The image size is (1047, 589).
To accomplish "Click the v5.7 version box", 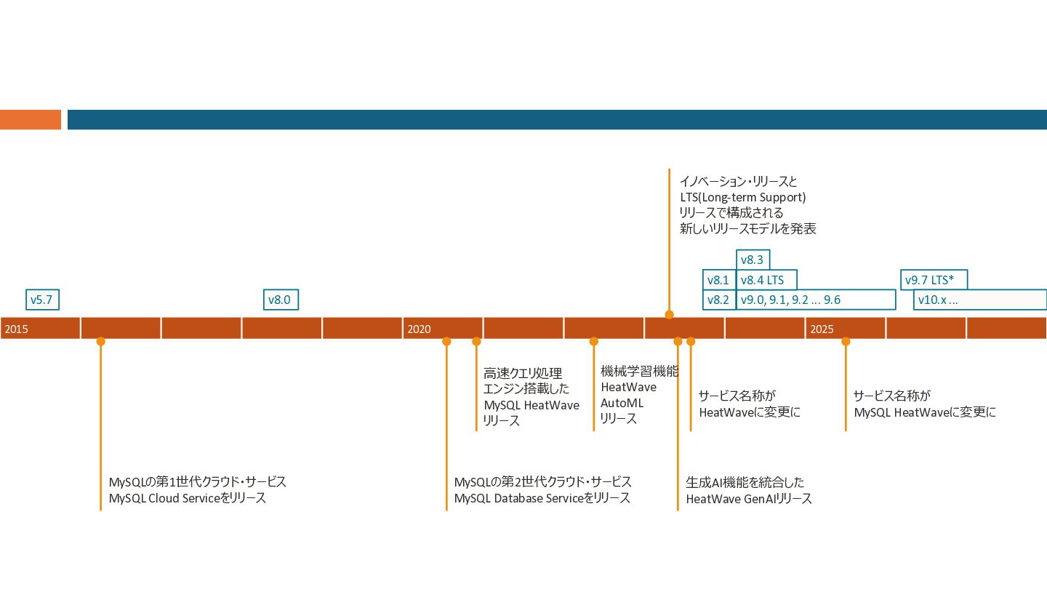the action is coord(42,300).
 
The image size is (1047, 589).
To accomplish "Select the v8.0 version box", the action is coord(280,300).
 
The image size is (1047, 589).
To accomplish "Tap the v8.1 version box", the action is coord(718,280).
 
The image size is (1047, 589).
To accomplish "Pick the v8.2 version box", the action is coord(718,300).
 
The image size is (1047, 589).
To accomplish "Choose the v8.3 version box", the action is coord(753,260).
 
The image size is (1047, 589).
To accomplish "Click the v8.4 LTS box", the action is coord(766,280).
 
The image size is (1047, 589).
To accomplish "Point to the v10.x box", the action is coord(979,300).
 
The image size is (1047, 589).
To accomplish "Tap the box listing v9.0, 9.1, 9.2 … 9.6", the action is coord(815,300).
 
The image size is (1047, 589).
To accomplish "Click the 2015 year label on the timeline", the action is coord(16,329).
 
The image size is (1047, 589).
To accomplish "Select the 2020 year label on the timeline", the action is coord(419,329).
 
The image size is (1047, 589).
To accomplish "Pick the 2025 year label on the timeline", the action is coord(822,329).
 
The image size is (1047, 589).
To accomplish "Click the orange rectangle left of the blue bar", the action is coord(31,119).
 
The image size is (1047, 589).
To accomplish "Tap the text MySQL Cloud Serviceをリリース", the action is coord(187,499).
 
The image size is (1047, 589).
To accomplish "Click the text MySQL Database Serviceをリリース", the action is coord(542,499).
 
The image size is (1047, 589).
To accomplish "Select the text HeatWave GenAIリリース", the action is coord(749,499).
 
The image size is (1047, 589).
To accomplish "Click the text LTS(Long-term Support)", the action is coord(742,197).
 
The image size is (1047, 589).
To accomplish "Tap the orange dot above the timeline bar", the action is coord(669,315).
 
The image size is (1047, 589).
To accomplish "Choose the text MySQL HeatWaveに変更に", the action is coord(924,412).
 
